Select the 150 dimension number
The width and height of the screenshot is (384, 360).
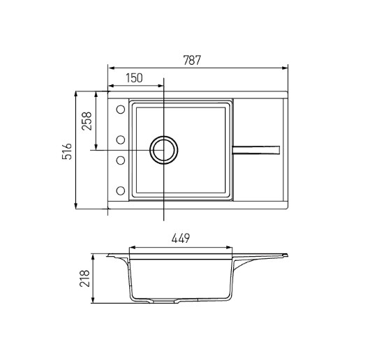[134, 79]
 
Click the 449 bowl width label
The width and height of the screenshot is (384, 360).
[180, 239]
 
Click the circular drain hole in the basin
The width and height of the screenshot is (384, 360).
[165, 150]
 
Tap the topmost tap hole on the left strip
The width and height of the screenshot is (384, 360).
[120, 109]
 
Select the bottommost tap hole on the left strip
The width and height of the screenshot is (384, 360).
[120, 190]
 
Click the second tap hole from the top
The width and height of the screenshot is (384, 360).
[120, 137]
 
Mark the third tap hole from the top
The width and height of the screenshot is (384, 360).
[120, 161]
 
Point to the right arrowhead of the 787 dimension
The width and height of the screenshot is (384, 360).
[286, 68]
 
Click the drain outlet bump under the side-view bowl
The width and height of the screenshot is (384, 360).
[180, 301]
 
